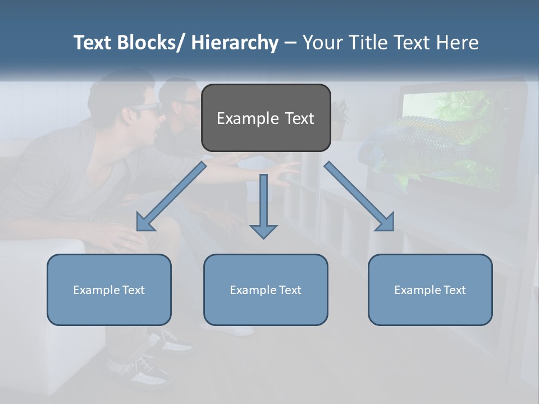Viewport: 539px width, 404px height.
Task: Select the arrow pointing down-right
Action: point(359,196)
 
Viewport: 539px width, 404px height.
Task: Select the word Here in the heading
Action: point(458,43)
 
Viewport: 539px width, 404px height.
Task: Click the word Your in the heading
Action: point(322,43)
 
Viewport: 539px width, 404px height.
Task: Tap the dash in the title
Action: point(290,43)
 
